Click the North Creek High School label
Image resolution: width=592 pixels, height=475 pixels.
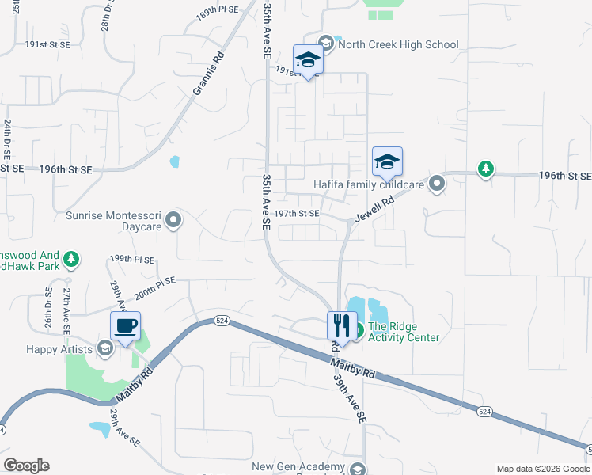point(398,44)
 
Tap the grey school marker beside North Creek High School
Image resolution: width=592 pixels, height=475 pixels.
point(325,43)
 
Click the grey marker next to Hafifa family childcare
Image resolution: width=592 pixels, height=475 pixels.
point(437,184)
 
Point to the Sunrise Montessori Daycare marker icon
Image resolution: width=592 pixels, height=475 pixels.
point(176,219)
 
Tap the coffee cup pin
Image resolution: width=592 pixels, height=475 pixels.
point(125,325)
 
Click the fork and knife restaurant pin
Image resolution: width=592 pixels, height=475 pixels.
point(342,325)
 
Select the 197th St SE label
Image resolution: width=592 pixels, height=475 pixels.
point(297,214)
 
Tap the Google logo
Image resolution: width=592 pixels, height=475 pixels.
point(26,465)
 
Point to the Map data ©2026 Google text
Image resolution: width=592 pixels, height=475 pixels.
point(542,469)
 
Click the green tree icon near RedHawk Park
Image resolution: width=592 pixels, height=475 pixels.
point(71,259)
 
